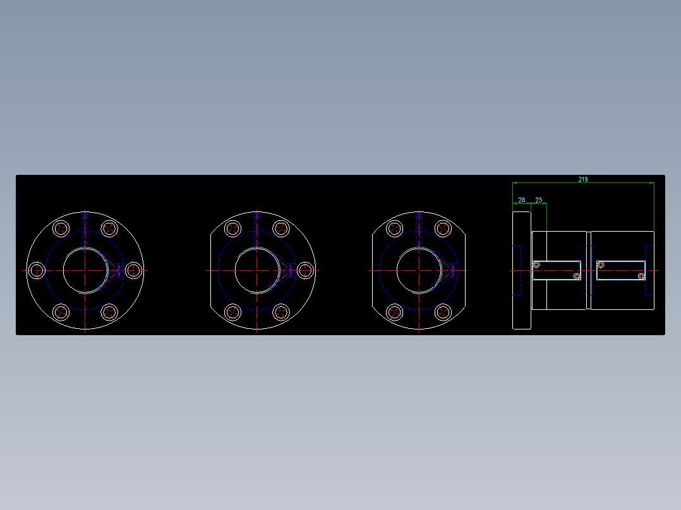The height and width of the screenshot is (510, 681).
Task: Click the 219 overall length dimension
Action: coord(582,179)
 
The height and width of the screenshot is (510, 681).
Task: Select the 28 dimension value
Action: coord(522,200)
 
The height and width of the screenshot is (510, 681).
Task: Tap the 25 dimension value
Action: coord(539,200)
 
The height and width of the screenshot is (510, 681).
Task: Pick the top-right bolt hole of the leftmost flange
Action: coord(110,228)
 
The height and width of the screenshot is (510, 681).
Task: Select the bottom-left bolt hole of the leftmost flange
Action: coord(61,312)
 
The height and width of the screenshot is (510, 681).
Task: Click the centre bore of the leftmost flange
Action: coord(85,270)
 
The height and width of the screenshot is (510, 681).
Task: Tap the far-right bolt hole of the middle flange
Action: coord(306,270)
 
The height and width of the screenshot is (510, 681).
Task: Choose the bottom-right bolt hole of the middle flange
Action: coord(281,312)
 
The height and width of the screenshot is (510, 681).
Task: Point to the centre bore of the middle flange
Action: coord(257,270)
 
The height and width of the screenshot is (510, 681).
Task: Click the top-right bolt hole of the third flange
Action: coord(443,228)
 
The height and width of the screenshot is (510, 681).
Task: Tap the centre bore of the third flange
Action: coord(419,270)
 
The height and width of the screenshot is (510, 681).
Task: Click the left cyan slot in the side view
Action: coord(557,270)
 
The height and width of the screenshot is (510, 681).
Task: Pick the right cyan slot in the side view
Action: coord(621,270)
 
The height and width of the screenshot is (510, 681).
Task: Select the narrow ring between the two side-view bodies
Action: coord(589,270)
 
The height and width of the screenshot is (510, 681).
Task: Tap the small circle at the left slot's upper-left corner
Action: coord(536,264)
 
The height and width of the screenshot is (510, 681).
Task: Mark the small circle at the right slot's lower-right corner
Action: coord(641,276)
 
